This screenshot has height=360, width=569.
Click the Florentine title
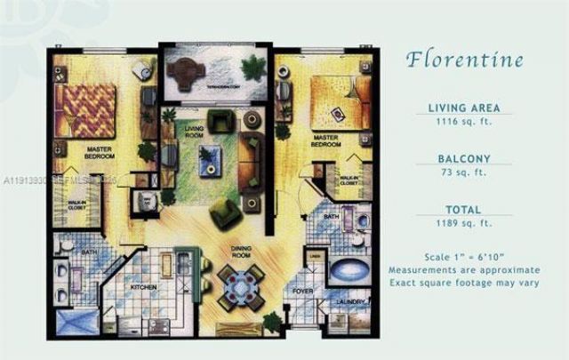(464, 60)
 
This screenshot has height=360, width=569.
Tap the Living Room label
(194, 132)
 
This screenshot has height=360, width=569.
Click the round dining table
(240, 287)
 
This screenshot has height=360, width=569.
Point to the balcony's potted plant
(252, 67)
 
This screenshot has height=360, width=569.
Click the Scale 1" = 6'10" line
(464, 254)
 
